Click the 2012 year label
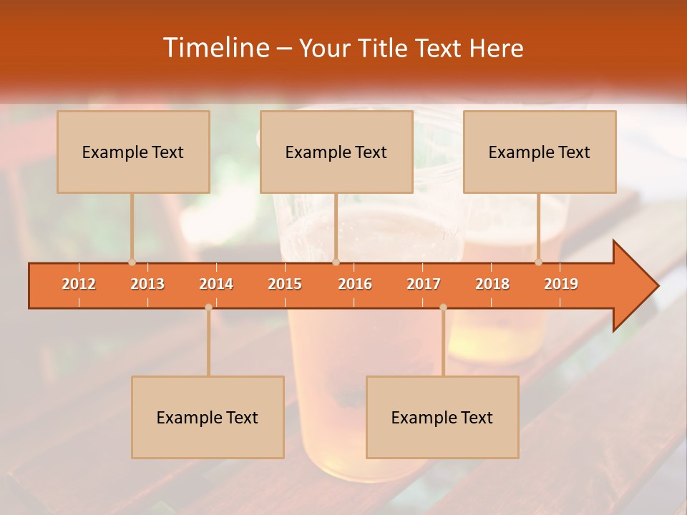coord(79,284)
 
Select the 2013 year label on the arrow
coord(147,284)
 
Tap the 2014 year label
coord(216,284)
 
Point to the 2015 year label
coord(285,284)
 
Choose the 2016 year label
coord(355,284)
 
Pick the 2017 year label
coord(424,284)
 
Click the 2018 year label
coord(492,284)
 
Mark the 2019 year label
coord(561,284)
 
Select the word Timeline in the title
coord(214,48)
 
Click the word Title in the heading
coord(383,49)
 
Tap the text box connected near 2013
coord(133,152)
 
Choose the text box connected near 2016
coord(336,152)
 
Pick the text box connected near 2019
coord(540,152)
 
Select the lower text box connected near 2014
coord(208,417)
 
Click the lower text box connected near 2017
coord(442,417)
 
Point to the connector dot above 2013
coord(132,263)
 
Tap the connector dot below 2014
coord(208,307)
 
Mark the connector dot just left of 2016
coord(336,263)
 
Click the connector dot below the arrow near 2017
coord(443,307)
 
